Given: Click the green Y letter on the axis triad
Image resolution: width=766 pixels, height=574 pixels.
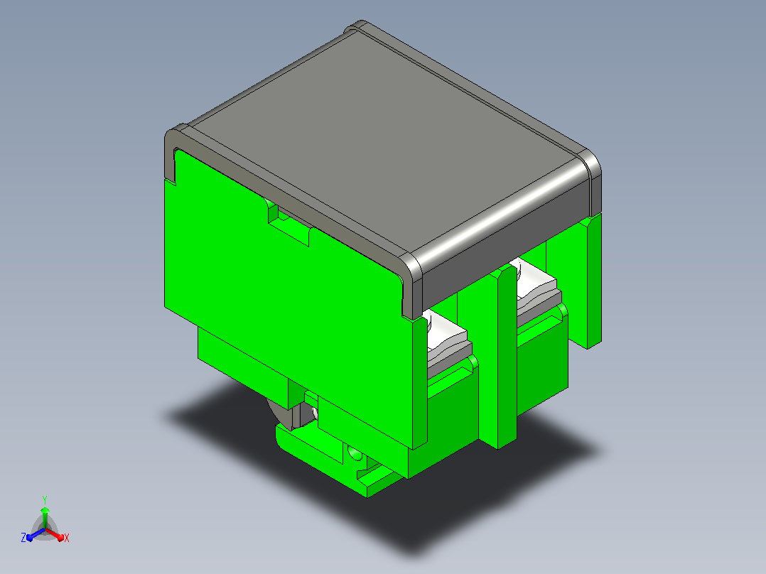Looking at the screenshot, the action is [x=45, y=499].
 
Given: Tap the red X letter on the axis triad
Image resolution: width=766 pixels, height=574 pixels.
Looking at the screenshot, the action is [x=67, y=538].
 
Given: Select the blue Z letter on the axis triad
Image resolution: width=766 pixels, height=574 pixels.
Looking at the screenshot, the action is [x=23, y=537].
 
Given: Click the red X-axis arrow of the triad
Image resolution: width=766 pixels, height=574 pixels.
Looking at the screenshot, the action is [x=54, y=534].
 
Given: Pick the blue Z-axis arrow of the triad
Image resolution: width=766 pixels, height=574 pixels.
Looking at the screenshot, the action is [x=36, y=534].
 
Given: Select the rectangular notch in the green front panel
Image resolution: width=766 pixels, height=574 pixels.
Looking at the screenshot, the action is [x=288, y=224].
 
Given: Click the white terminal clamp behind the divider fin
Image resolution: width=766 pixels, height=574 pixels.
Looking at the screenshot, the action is [x=535, y=288].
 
